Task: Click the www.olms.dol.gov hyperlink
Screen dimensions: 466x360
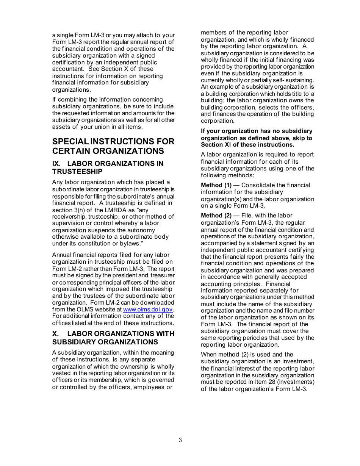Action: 148,310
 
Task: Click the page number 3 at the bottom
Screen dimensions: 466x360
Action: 180,440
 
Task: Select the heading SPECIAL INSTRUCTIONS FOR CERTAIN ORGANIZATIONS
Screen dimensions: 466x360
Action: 113,146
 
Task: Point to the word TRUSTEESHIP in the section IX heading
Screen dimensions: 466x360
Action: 77,172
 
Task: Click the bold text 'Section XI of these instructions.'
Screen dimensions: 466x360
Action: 247,145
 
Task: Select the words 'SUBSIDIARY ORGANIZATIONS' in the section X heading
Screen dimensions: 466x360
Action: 105,342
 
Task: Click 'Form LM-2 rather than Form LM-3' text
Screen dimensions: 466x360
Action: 98,269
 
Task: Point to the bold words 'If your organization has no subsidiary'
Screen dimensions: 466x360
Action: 257,131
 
